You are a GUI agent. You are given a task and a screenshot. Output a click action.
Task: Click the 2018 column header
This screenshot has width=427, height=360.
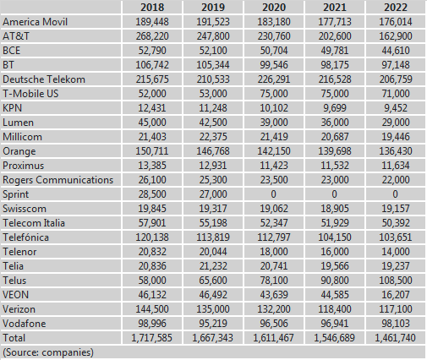(152, 8)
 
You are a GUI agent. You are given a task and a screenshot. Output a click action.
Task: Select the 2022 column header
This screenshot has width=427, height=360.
(396, 8)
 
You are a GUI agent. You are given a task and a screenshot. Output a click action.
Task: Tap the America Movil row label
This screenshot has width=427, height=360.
(35, 22)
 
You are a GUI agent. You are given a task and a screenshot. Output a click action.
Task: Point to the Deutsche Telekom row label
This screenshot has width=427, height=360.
(44, 79)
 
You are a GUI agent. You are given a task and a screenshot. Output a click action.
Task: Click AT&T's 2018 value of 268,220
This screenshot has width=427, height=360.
(152, 36)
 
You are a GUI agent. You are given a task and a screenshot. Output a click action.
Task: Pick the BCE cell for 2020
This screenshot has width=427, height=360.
(274, 51)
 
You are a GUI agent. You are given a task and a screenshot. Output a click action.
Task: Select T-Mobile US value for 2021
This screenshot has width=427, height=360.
(335, 94)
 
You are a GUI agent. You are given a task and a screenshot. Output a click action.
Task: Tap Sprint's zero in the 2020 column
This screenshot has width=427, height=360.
(273, 194)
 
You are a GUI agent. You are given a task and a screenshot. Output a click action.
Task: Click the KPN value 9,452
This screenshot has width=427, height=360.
(396, 108)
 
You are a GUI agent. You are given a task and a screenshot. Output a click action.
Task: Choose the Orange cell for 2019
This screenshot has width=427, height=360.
(213, 151)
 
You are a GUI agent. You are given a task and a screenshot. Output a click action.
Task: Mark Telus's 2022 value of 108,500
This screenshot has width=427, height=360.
(396, 281)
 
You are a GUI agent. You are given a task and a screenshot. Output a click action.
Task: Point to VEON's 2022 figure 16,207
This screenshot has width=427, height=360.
(396, 295)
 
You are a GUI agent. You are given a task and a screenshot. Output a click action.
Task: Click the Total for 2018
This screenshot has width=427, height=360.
(151, 338)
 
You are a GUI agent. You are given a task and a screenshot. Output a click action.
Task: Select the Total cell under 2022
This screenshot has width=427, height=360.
(395, 338)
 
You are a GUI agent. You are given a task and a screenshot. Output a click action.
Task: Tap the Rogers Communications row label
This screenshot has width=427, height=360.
(57, 180)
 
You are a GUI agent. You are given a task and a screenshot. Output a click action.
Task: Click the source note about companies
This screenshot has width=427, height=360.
(48, 352)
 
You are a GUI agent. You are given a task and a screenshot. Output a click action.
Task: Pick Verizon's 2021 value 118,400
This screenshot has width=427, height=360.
(335, 309)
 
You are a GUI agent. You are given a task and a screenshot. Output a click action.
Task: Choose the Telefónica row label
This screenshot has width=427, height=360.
(25, 237)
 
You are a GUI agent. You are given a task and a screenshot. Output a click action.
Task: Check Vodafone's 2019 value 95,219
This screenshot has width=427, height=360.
(213, 324)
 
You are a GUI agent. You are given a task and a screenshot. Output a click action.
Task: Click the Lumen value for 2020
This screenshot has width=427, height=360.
(274, 123)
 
